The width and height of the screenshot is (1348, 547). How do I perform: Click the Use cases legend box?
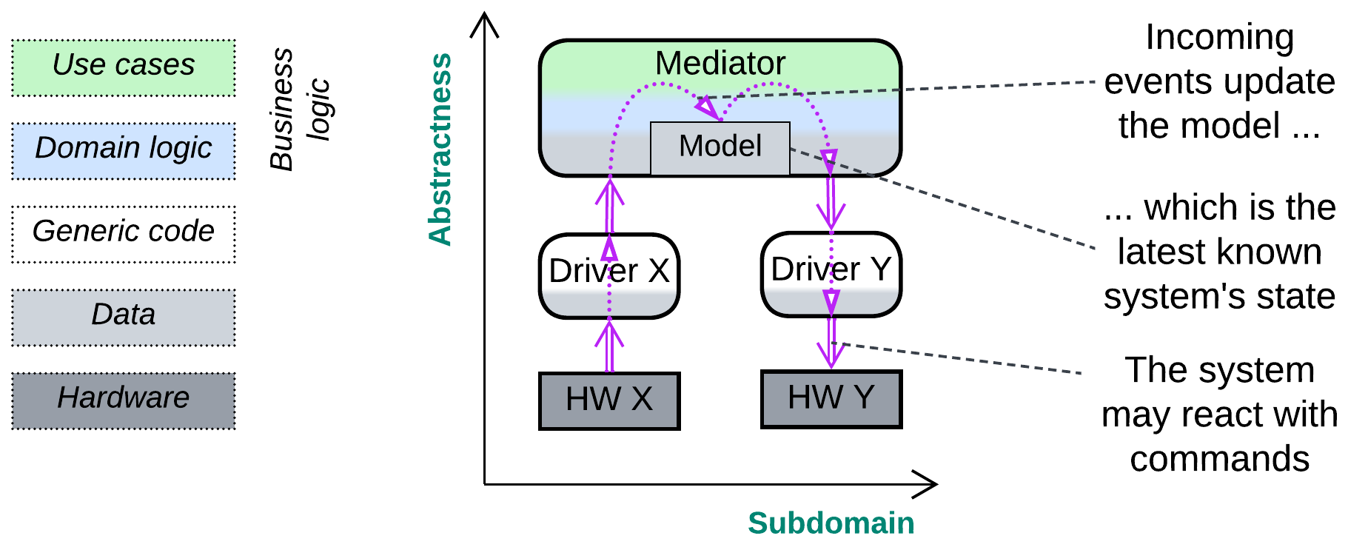point(124,67)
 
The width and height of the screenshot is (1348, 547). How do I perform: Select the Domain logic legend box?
point(124,150)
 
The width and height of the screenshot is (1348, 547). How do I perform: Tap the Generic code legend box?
point(124,234)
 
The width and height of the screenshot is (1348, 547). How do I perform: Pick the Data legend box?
point(124,317)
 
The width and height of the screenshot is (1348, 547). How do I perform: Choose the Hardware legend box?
point(124,400)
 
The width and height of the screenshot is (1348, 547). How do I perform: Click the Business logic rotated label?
point(299,110)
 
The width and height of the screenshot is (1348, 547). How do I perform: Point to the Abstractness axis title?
point(440,149)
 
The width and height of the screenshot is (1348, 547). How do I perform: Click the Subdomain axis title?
point(831,523)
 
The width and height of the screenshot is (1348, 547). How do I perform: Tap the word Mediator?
point(720,64)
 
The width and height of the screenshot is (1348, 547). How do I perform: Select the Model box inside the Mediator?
point(720,147)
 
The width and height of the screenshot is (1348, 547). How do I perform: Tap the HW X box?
point(609,400)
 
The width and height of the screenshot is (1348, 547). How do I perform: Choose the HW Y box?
point(831,399)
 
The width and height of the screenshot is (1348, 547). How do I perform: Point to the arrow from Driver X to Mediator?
point(609,207)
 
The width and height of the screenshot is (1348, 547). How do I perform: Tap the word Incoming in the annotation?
point(1219,37)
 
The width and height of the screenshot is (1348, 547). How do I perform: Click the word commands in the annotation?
point(1219,459)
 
